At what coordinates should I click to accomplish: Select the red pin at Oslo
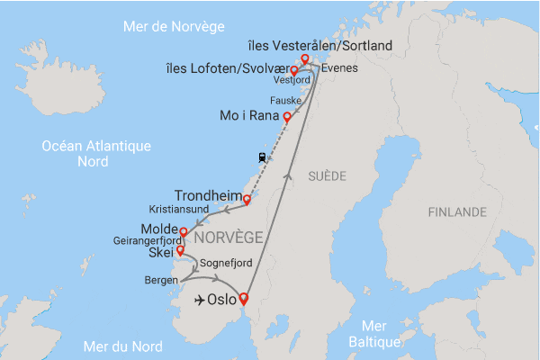tap(242, 303)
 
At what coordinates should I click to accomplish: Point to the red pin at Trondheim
tap(247, 200)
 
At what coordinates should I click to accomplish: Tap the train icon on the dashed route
tap(262, 157)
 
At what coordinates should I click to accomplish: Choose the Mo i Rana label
tap(249, 115)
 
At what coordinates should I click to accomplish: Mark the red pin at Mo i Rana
tap(287, 117)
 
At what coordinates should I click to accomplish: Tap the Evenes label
tap(338, 67)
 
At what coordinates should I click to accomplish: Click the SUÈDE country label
tap(326, 175)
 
